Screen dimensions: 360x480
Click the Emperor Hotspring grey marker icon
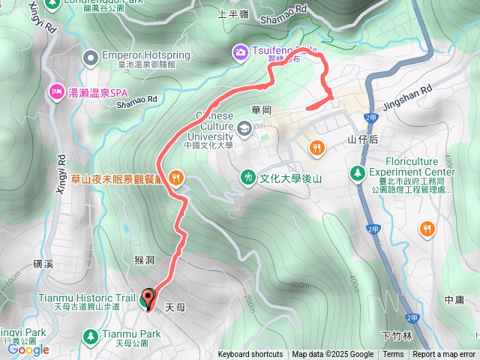pyautogui.click(x=91, y=57)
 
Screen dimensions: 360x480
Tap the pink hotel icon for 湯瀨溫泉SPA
pyautogui.click(x=56, y=91)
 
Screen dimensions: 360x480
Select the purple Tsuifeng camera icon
pyautogui.click(x=240, y=51)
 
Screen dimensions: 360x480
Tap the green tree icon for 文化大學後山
pyautogui.click(x=248, y=177)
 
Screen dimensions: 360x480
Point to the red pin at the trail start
pyautogui.click(x=148, y=300)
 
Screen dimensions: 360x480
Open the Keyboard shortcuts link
pyautogui.click(x=250, y=355)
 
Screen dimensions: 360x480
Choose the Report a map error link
pyautogui.click(x=445, y=355)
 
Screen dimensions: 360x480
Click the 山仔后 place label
pyautogui.click(x=363, y=139)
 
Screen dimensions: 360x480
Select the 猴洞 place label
pyautogui.click(x=144, y=260)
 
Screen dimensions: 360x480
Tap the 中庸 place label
pyautogui.click(x=454, y=299)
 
